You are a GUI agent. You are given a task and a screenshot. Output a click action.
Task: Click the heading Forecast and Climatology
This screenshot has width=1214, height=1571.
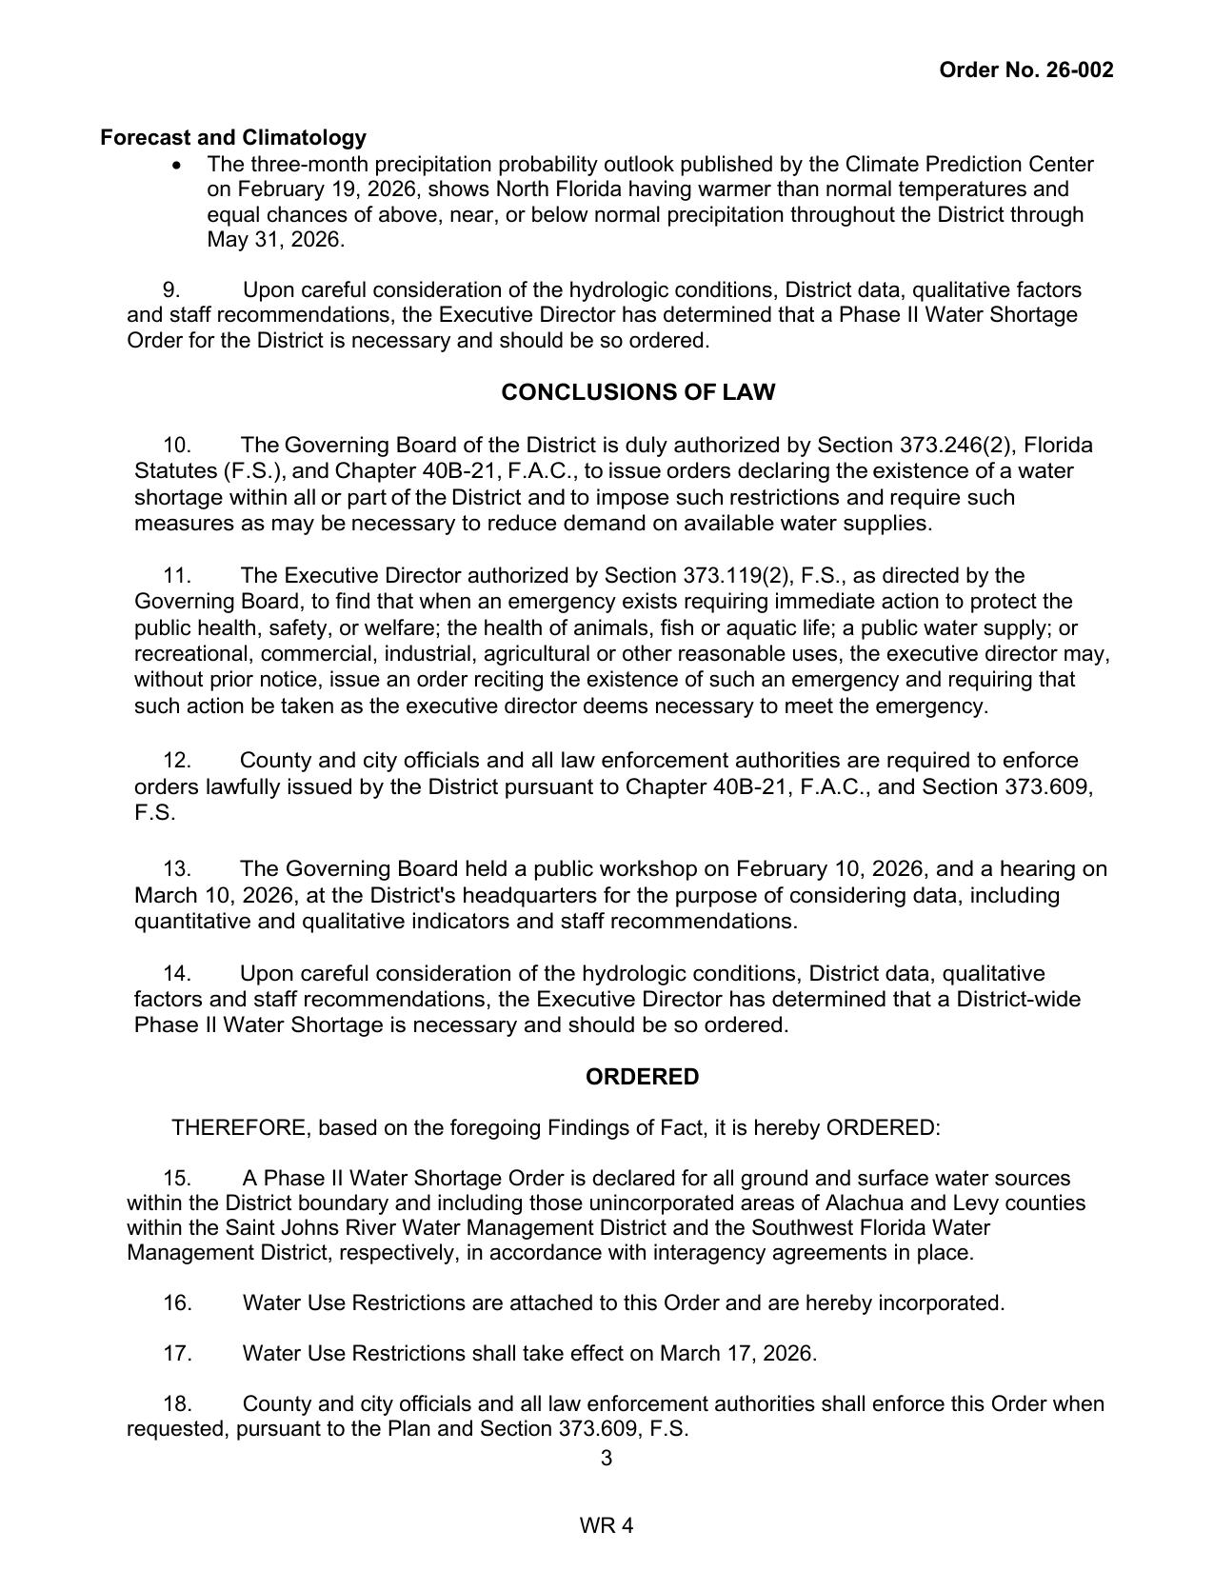pos(233,137)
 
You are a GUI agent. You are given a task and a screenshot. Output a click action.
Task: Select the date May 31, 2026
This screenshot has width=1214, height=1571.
pos(274,240)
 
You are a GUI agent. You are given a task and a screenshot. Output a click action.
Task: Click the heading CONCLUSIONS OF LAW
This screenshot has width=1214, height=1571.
pos(638,392)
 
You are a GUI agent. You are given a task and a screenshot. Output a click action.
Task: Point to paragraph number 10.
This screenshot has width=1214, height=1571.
pos(177,446)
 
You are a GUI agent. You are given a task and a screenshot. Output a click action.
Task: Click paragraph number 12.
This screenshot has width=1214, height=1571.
pos(177,761)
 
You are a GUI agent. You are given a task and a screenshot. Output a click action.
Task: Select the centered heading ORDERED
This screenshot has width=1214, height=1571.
pos(642,1077)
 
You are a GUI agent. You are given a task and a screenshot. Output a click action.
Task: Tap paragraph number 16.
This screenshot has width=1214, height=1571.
pos(177,1303)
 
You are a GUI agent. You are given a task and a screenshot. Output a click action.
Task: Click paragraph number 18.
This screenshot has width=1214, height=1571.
pos(177,1404)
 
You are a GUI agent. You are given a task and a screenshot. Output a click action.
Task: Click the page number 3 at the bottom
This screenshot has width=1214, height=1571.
pos(607,1459)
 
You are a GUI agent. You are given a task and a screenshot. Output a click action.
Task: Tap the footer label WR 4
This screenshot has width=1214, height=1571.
pos(607,1526)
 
